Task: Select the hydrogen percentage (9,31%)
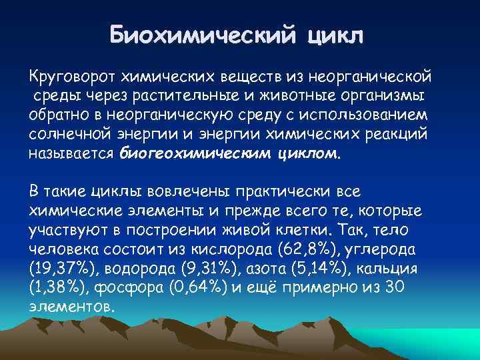[191, 269]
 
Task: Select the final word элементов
[72, 307]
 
